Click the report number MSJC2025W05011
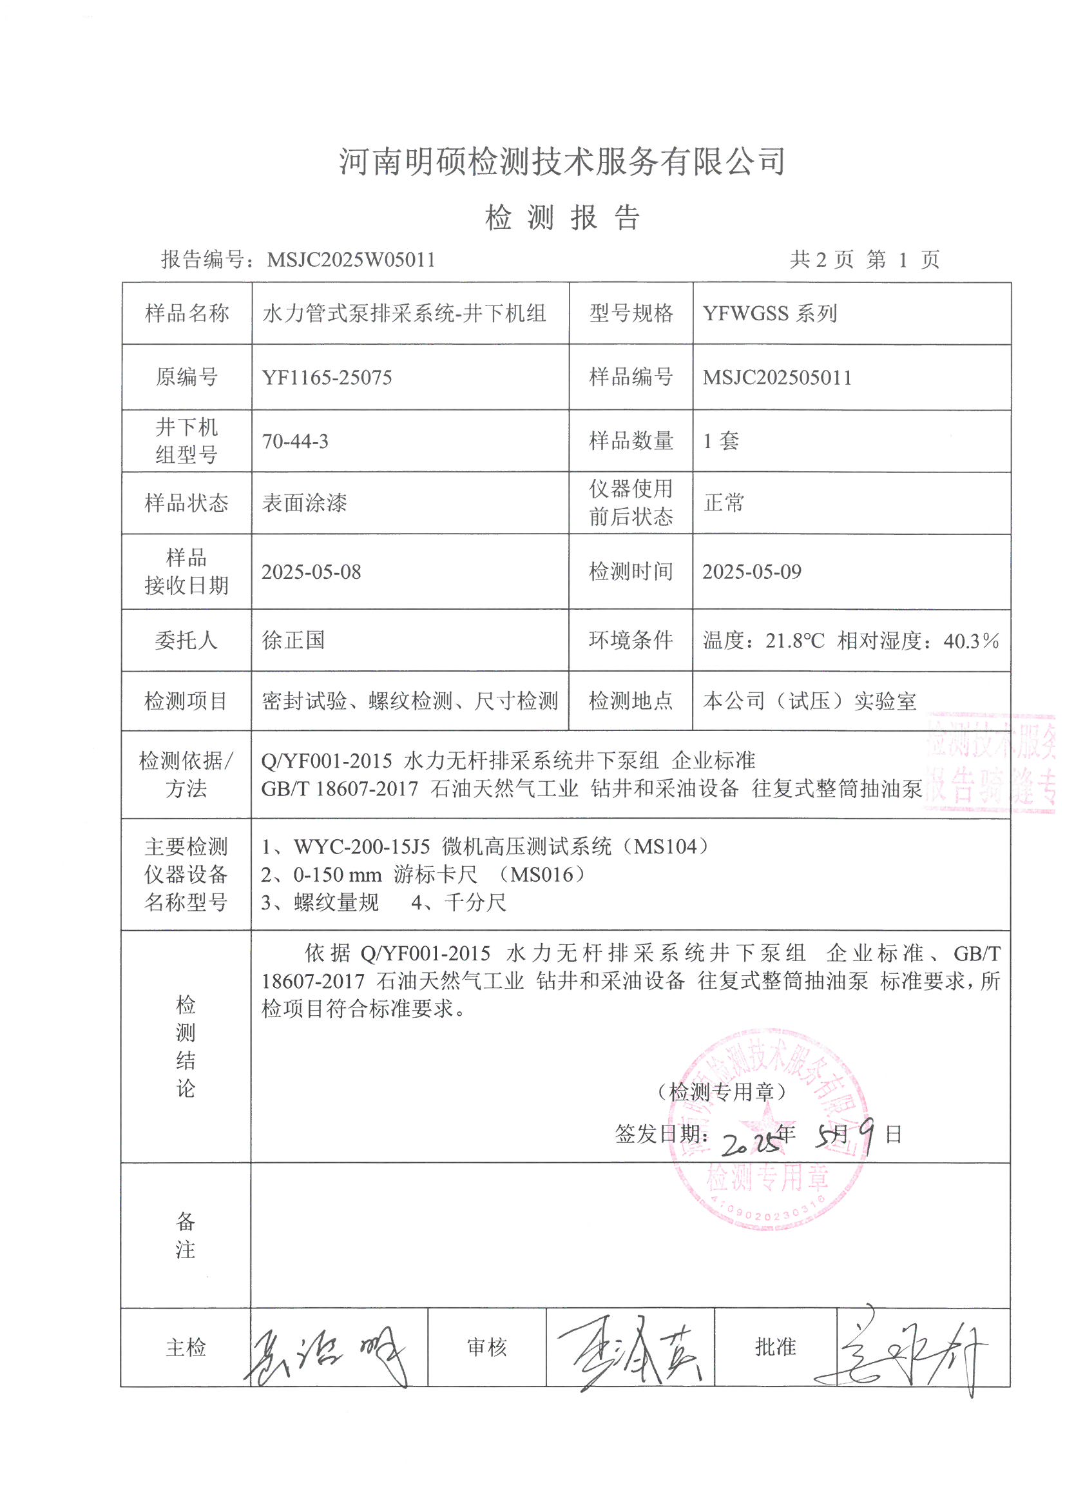351,260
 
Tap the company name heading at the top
562,161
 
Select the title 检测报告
562,217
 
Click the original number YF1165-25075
327,378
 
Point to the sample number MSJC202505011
777,378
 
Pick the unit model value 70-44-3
295,441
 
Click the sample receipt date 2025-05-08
311,572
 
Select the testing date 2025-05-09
752,572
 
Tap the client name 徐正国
293,640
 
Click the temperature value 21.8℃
794,641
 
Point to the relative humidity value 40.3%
970,641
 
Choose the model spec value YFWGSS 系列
770,314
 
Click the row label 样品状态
186,503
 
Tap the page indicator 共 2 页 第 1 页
864,260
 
